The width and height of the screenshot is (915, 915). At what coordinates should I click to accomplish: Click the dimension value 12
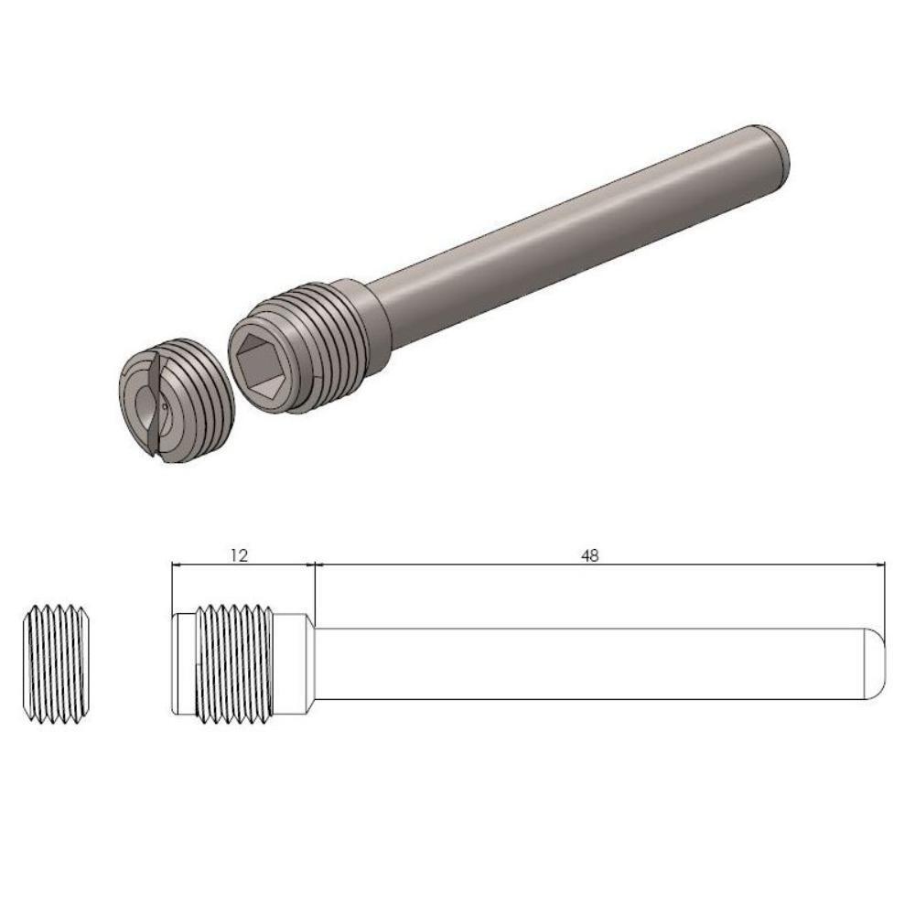pos(239,554)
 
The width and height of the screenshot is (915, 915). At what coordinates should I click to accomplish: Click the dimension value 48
pos(590,554)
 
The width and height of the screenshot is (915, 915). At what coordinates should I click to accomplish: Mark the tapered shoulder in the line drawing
pos(309,664)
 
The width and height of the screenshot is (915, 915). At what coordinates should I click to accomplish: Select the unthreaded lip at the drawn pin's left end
pos(182,664)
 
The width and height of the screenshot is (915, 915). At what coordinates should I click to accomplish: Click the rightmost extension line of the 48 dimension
pos(887,595)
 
